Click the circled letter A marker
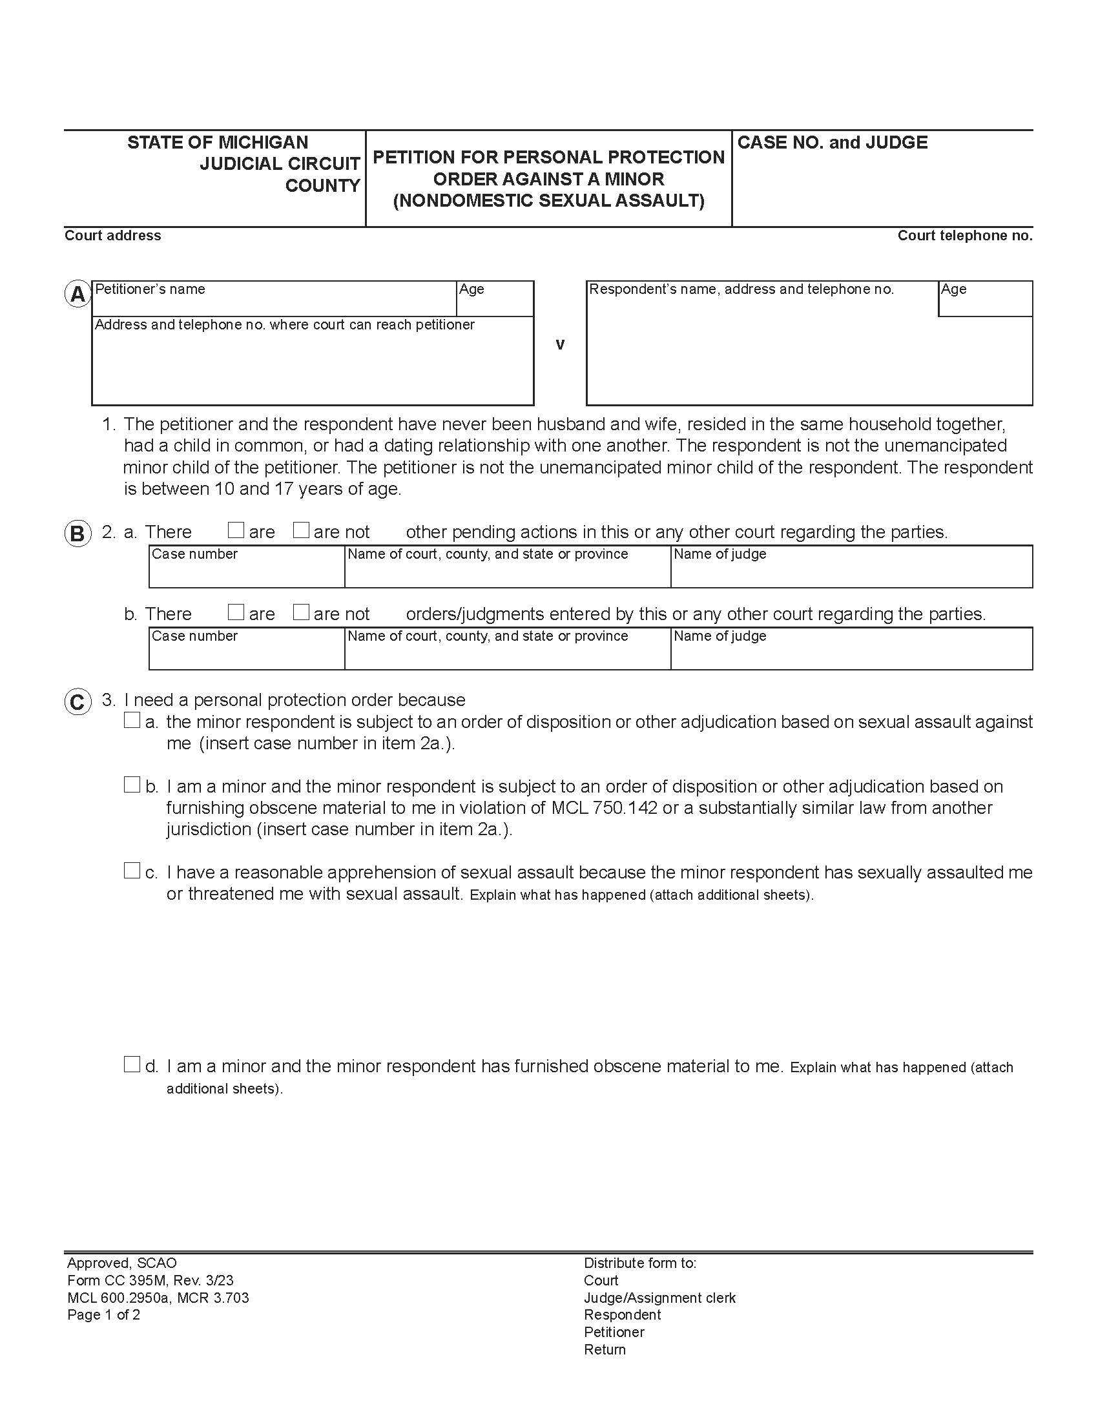pos(78,295)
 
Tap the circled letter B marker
pos(78,534)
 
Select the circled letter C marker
pos(78,703)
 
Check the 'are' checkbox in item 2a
pos(236,531)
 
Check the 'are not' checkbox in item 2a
pos(300,531)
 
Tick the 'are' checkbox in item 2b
pos(236,613)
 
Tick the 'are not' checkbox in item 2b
pos(300,613)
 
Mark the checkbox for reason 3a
pos(132,720)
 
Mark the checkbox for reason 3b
pos(132,785)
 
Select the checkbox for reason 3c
pos(132,871)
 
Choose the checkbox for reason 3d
pos(132,1064)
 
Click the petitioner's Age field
pos(495,303)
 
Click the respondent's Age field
pos(985,303)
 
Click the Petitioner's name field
pos(273,303)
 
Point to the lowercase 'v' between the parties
pos(560,344)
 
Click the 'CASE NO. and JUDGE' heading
pos(832,143)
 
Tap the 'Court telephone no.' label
pos(965,236)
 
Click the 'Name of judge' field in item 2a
pos(851,570)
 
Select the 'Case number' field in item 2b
pos(247,652)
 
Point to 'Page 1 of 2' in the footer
pos(103,1314)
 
